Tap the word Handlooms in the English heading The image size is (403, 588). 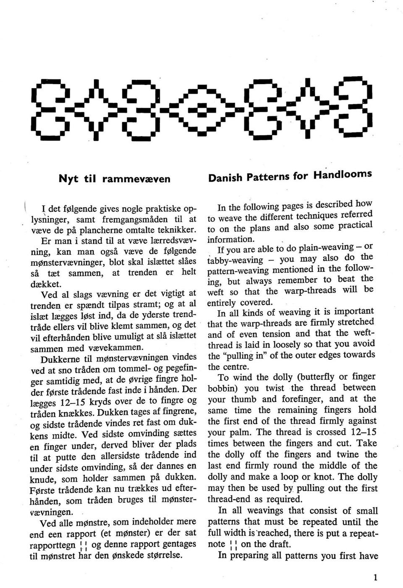click(343, 175)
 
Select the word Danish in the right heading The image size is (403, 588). click(226, 177)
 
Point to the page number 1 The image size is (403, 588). click(375, 577)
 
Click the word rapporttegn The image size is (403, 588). click(53, 546)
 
